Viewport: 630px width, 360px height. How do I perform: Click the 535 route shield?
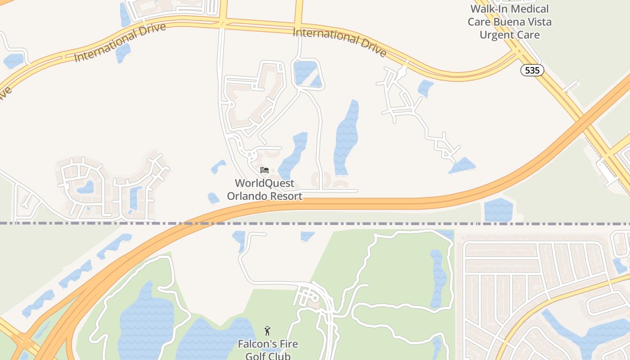(x=532, y=70)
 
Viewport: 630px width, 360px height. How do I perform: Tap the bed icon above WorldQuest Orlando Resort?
(x=265, y=170)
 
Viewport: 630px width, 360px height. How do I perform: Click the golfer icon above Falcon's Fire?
(x=267, y=331)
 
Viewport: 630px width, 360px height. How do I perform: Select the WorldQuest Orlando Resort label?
(x=265, y=189)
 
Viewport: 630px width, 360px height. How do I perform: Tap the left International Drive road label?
(x=120, y=42)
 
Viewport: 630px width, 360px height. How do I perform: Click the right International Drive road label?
(x=339, y=42)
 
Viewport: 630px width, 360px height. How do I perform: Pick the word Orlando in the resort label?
(x=248, y=196)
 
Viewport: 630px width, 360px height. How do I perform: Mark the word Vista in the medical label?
(x=538, y=22)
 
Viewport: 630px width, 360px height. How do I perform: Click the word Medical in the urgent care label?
(x=529, y=9)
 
